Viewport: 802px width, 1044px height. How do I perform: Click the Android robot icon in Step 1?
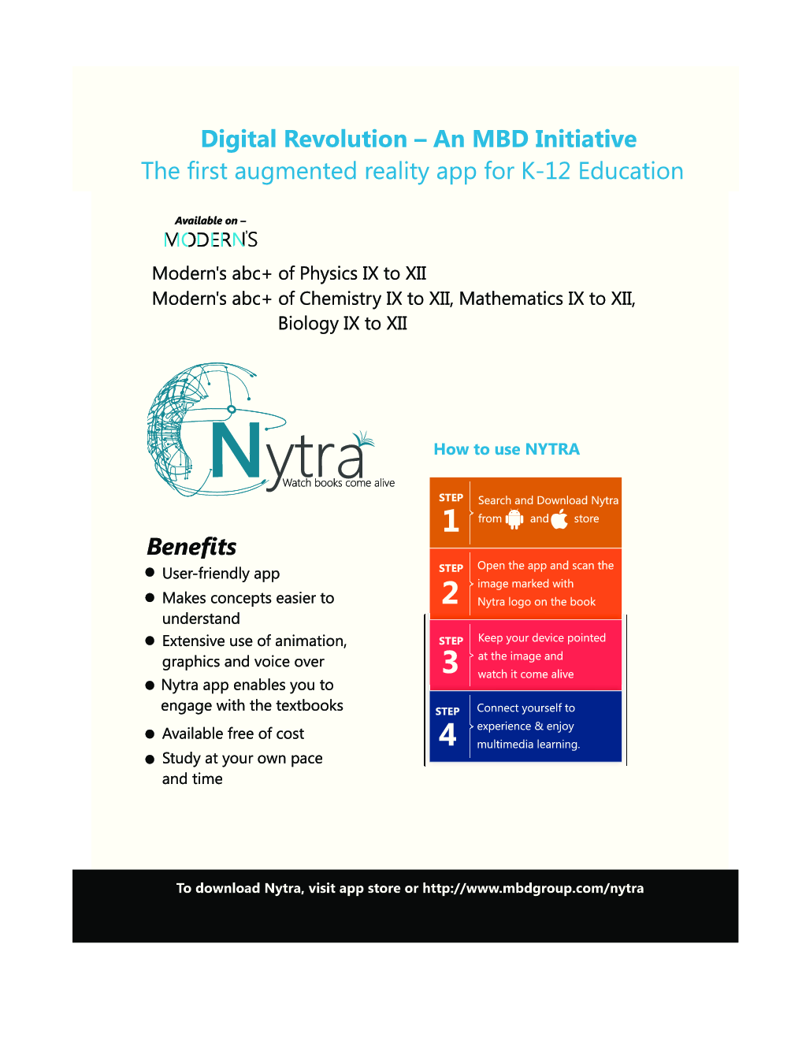click(x=514, y=518)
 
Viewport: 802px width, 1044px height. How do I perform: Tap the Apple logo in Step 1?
click(x=559, y=518)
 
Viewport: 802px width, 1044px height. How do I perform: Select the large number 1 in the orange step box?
click(x=451, y=521)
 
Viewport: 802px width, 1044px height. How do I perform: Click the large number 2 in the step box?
click(x=450, y=593)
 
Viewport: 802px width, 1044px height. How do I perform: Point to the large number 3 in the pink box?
click(x=450, y=663)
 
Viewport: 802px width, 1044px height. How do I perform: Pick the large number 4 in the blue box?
click(x=447, y=734)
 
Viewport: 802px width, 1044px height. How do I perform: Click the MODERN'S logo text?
click(x=210, y=240)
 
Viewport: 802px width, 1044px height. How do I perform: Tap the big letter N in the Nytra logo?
click(x=236, y=451)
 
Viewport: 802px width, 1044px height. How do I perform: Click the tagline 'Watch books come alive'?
click(x=338, y=483)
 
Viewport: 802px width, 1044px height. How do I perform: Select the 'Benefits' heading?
click(x=191, y=547)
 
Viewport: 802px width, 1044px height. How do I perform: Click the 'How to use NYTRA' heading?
click(x=507, y=449)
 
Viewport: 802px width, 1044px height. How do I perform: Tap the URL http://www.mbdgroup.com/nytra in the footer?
click(x=533, y=888)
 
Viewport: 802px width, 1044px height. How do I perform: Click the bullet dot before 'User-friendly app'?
click(x=150, y=573)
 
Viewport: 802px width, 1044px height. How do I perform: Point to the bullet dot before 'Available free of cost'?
click(x=150, y=734)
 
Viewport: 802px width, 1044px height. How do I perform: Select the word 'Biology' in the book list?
click(x=308, y=323)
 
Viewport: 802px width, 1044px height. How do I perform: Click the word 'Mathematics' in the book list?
click(x=511, y=299)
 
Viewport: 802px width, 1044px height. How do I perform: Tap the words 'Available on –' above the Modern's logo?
click(x=210, y=221)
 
